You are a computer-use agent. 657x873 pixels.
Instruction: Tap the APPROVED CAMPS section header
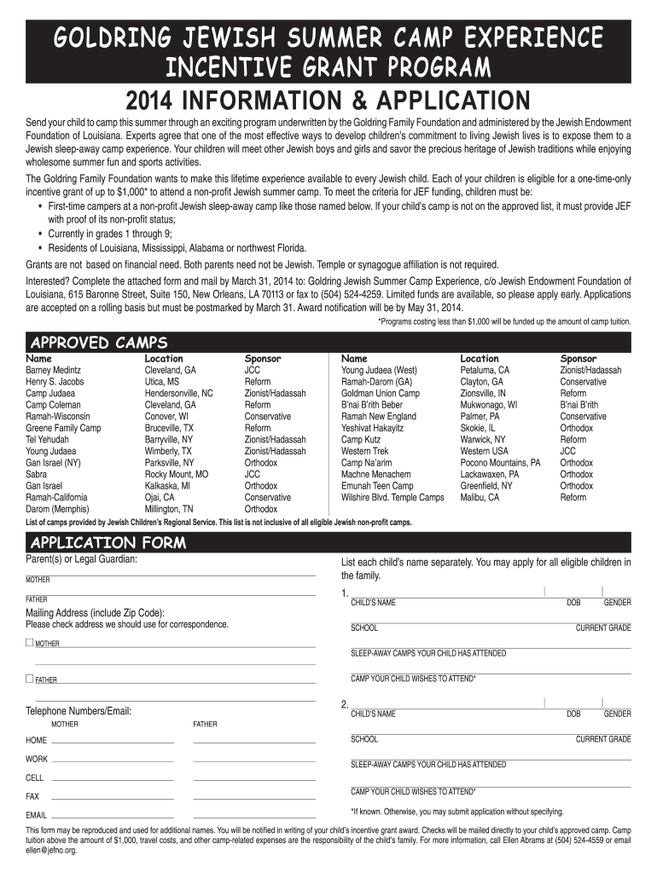pyautogui.click(x=99, y=343)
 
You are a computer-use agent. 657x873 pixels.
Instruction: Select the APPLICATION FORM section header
pyautogui.click(x=108, y=543)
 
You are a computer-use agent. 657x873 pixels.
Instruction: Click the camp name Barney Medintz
pyautogui.click(x=53, y=371)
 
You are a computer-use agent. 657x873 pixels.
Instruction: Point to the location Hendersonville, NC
pyautogui.click(x=179, y=394)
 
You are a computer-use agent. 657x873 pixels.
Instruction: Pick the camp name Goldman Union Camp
pyautogui.click(x=381, y=394)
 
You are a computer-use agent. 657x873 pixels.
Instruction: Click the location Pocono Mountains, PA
pyautogui.click(x=500, y=463)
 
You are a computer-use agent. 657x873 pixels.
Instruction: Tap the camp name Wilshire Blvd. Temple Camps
pyautogui.click(x=392, y=497)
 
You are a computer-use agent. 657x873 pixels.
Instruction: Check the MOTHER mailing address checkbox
pyautogui.click(x=30, y=642)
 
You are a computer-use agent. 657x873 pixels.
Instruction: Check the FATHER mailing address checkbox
pyautogui.click(x=30, y=679)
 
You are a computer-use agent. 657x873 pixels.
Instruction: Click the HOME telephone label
pyautogui.click(x=37, y=740)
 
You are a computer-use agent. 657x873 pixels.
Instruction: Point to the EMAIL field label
pyautogui.click(x=37, y=816)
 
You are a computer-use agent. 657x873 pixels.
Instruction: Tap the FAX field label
pyautogui.click(x=32, y=796)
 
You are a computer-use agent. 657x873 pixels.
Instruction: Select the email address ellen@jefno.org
pyautogui.click(x=51, y=850)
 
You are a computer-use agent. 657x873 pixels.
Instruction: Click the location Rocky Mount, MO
pyautogui.click(x=177, y=474)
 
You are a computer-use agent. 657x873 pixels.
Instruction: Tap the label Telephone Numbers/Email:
pyautogui.click(x=78, y=710)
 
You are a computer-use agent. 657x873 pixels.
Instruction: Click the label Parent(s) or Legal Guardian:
pyautogui.click(x=82, y=559)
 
